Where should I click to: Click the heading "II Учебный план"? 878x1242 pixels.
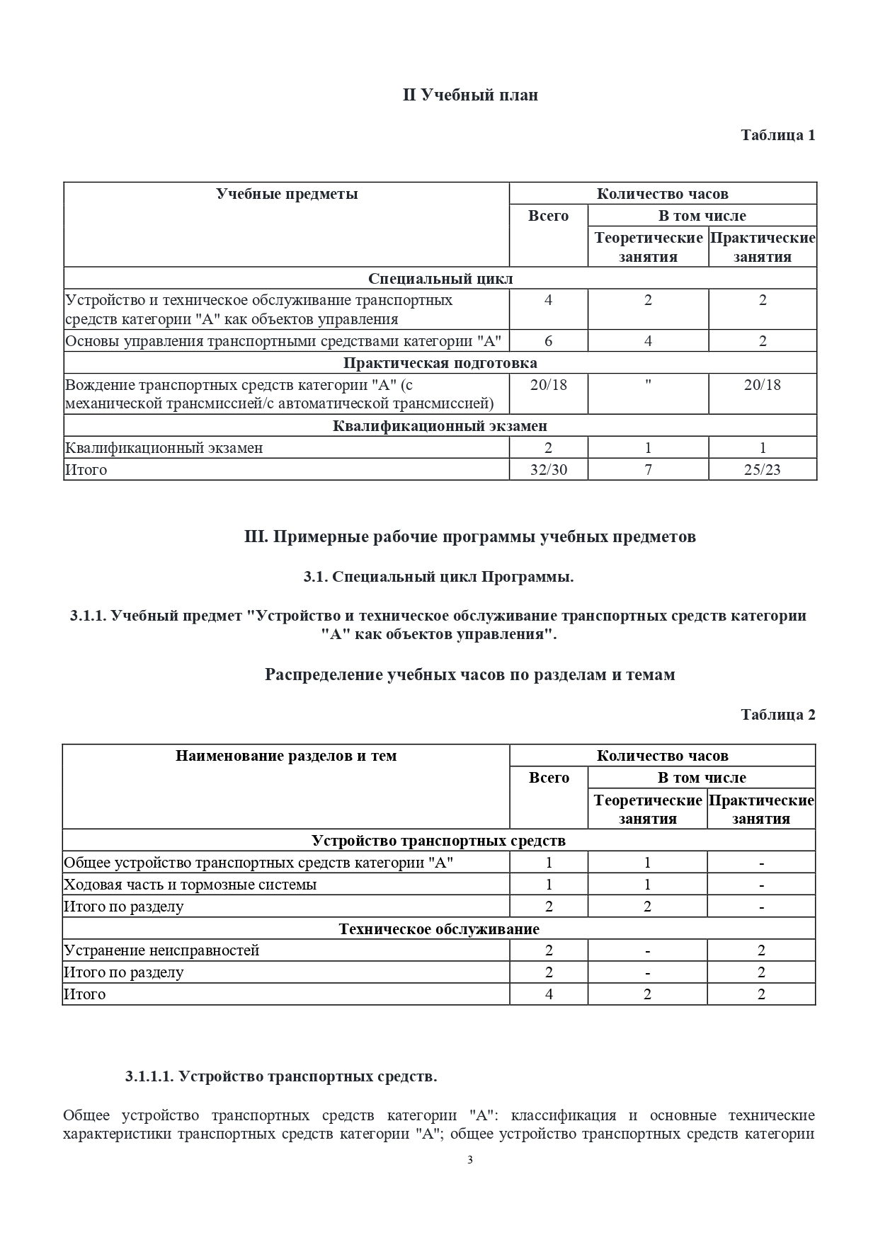470,95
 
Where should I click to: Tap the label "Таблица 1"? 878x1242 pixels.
777,134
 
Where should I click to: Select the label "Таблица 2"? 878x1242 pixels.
777,714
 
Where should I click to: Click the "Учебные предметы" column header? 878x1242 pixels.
287,194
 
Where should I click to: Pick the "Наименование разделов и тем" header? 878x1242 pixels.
286,756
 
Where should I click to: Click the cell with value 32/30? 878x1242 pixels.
548,469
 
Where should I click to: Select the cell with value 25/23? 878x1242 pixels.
762,469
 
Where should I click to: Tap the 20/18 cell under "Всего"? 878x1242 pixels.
548,384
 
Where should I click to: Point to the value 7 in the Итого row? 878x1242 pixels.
647,469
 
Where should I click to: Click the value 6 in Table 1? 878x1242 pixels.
548,341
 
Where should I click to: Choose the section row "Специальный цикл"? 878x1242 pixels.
440,278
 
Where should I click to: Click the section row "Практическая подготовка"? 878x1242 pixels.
440,363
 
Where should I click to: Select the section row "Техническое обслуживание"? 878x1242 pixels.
439,928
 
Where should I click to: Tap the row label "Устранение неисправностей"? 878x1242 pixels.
161,950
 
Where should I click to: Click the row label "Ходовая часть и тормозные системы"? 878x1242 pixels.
190,885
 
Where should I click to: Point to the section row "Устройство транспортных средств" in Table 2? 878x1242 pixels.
439,841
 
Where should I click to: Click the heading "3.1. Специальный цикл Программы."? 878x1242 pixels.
438,576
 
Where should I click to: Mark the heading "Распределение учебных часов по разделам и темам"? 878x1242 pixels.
469,674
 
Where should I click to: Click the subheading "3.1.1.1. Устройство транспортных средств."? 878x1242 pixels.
281,1076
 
